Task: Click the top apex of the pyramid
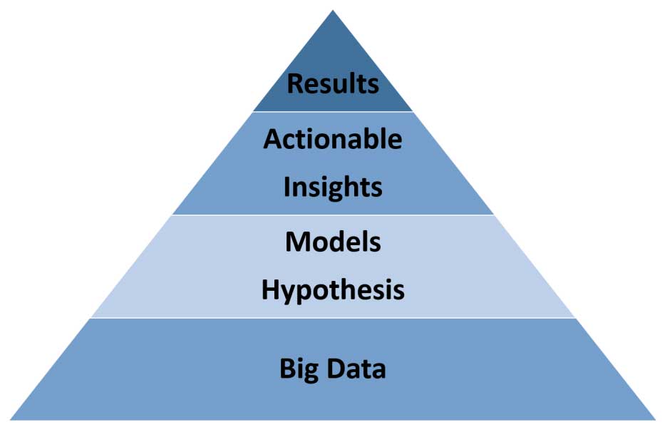pyautogui.click(x=333, y=10)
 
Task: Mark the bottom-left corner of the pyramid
pyautogui.click(x=10, y=420)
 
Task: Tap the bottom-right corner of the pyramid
pyautogui.click(x=656, y=420)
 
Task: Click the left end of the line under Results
pyautogui.click(x=253, y=112)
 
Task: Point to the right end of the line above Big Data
pyautogui.click(x=576, y=318)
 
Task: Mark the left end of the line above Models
pyautogui.click(x=172, y=215)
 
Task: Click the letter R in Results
pyautogui.click(x=294, y=83)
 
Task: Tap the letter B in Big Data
pyautogui.click(x=287, y=369)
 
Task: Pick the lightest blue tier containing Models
pyautogui.click(x=333, y=266)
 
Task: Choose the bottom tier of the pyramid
pyautogui.click(x=333, y=369)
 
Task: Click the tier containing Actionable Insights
pyautogui.click(x=333, y=163)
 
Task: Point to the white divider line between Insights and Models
pyautogui.click(x=333, y=215)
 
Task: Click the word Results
pyautogui.click(x=333, y=83)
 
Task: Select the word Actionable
pyautogui.click(x=333, y=139)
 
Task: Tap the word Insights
pyautogui.click(x=333, y=188)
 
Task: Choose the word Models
pyautogui.click(x=333, y=242)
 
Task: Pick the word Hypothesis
pyautogui.click(x=333, y=291)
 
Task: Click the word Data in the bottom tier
pyautogui.click(x=356, y=369)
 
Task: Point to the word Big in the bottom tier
pyautogui.click(x=299, y=370)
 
